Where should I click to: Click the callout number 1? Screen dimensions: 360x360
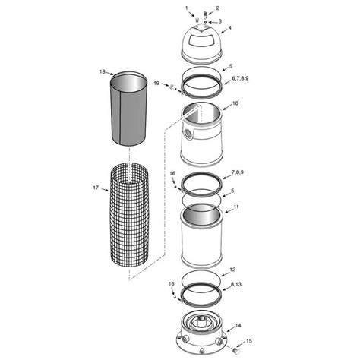[x=186, y=8]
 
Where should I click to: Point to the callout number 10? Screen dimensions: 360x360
[x=235, y=103]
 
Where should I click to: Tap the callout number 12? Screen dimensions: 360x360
[x=232, y=269]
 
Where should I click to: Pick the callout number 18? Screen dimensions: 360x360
[x=102, y=71]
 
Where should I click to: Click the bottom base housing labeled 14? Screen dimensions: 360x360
[x=201, y=331]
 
